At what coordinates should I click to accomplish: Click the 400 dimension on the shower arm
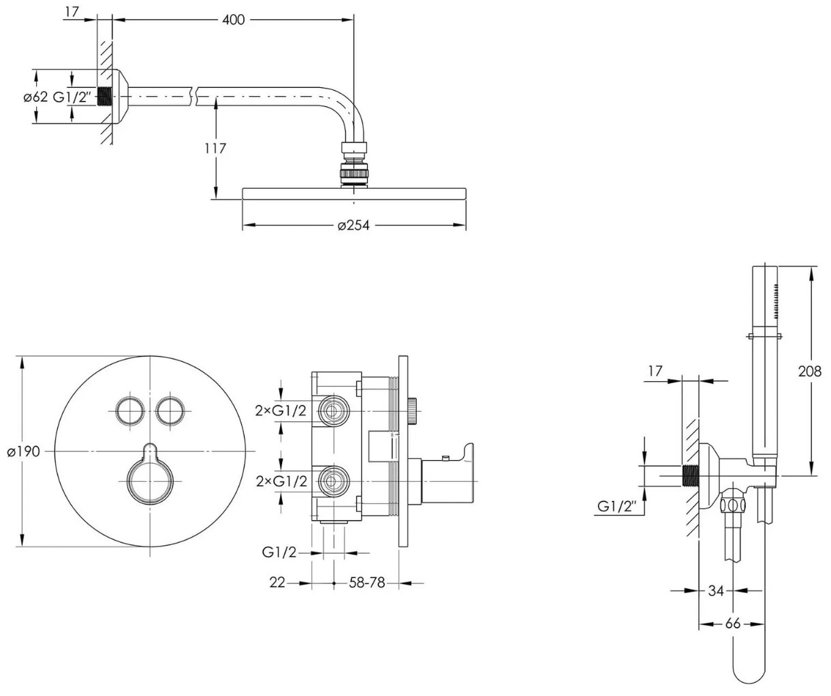click(233, 20)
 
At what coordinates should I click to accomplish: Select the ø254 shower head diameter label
click(354, 225)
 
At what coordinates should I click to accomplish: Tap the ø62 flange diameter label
click(35, 97)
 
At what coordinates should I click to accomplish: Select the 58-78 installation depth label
click(368, 584)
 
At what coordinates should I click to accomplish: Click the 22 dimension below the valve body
click(277, 584)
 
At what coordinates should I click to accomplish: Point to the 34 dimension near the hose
click(715, 590)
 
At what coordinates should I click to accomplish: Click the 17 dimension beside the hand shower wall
click(655, 372)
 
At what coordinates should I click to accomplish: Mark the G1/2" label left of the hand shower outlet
click(616, 506)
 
